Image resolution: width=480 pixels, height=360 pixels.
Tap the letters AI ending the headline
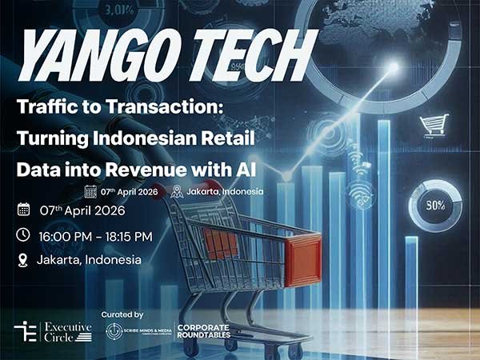[x=267, y=170]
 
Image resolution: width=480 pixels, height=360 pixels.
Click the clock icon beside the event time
[x=23, y=235]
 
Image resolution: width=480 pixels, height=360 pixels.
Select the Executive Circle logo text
[x=68, y=330]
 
